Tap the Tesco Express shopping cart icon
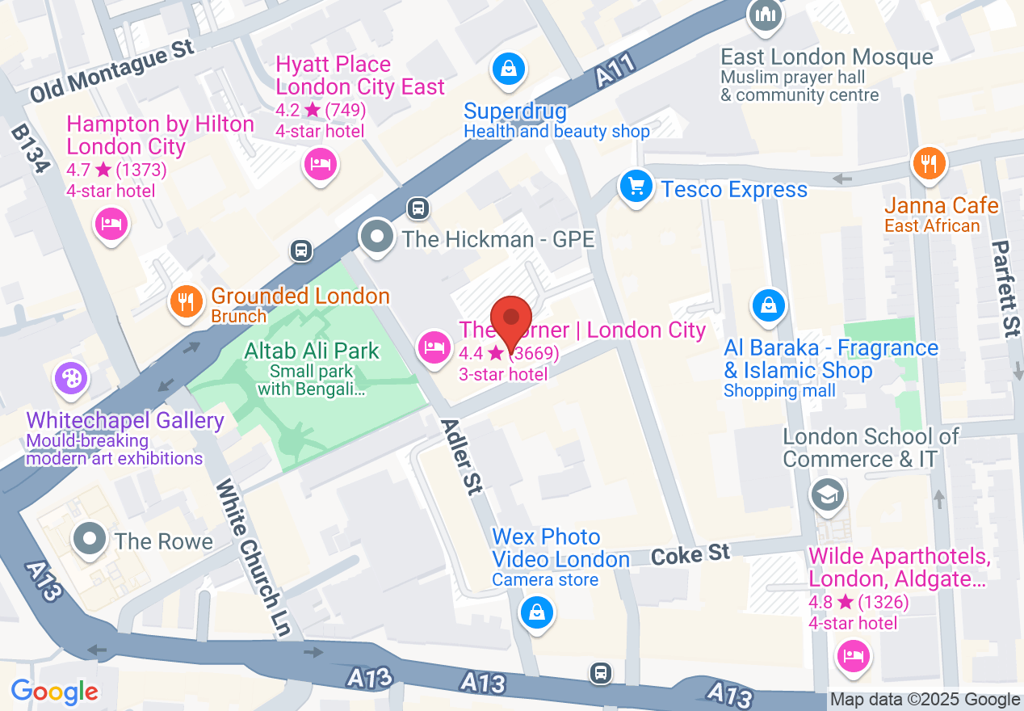[x=636, y=187]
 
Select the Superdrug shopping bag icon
[x=509, y=69]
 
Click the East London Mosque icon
[x=764, y=15]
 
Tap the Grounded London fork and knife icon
[x=187, y=303]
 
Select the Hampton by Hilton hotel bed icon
[x=111, y=223]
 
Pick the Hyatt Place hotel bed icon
[x=321, y=165]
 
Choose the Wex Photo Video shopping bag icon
[x=537, y=612]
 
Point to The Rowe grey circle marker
[x=90, y=539]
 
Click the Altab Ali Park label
[x=312, y=351]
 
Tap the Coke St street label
[x=690, y=554]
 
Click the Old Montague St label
[x=112, y=72]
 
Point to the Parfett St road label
[x=1005, y=288]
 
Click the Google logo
[x=55, y=692]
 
